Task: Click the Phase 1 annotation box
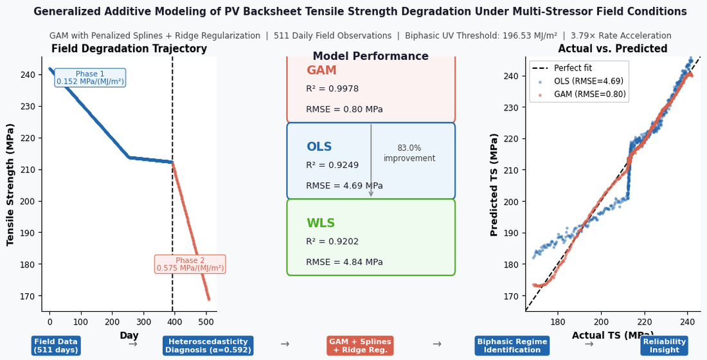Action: tap(90, 78)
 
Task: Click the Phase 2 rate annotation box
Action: tap(190, 264)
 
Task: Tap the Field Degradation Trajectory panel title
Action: tap(129, 49)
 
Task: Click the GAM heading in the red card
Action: tap(321, 70)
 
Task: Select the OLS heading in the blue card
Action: tap(319, 147)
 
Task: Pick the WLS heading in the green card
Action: tap(321, 223)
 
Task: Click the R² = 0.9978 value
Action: tap(332, 89)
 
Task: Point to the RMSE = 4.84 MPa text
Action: tap(345, 262)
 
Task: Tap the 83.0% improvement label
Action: tap(409, 153)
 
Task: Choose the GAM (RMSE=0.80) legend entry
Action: tap(579, 94)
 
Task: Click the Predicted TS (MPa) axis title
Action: tap(494, 185)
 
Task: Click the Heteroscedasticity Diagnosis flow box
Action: tap(208, 346)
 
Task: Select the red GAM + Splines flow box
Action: tap(361, 346)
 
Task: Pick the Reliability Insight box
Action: tap(664, 346)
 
